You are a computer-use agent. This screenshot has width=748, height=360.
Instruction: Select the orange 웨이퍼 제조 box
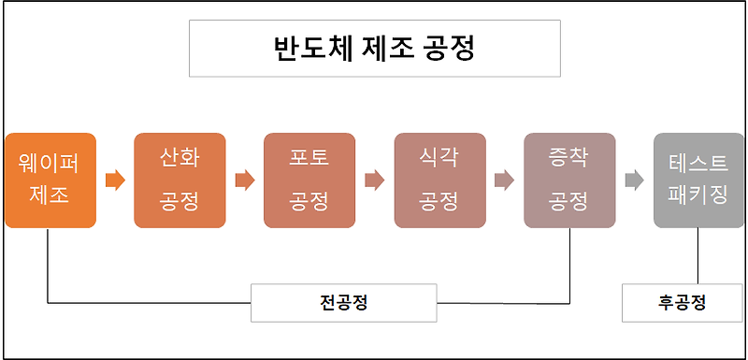click(x=50, y=180)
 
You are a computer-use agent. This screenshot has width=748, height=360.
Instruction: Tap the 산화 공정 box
click(x=180, y=180)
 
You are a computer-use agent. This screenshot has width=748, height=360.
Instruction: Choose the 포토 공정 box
click(x=309, y=180)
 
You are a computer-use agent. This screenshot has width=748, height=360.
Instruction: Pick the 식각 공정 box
click(x=439, y=180)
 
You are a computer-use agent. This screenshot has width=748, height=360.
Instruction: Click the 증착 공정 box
click(x=568, y=180)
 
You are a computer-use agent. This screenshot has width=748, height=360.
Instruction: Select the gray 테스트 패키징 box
click(x=698, y=180)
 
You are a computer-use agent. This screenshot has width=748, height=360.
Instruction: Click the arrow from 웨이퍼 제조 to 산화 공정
click(x=115, y=180)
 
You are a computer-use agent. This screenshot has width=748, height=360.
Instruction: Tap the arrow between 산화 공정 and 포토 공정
click(x=245, y=180)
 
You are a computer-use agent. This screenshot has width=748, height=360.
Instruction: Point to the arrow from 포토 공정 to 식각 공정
click(x=374, y=180)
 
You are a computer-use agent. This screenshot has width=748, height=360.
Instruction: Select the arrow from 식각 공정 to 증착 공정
click(x=504, y=180)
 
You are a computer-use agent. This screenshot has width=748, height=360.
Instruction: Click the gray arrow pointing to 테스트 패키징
click(x=634, y=180)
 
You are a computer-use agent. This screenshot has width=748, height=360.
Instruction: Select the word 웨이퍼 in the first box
click(x=50, y=164)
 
